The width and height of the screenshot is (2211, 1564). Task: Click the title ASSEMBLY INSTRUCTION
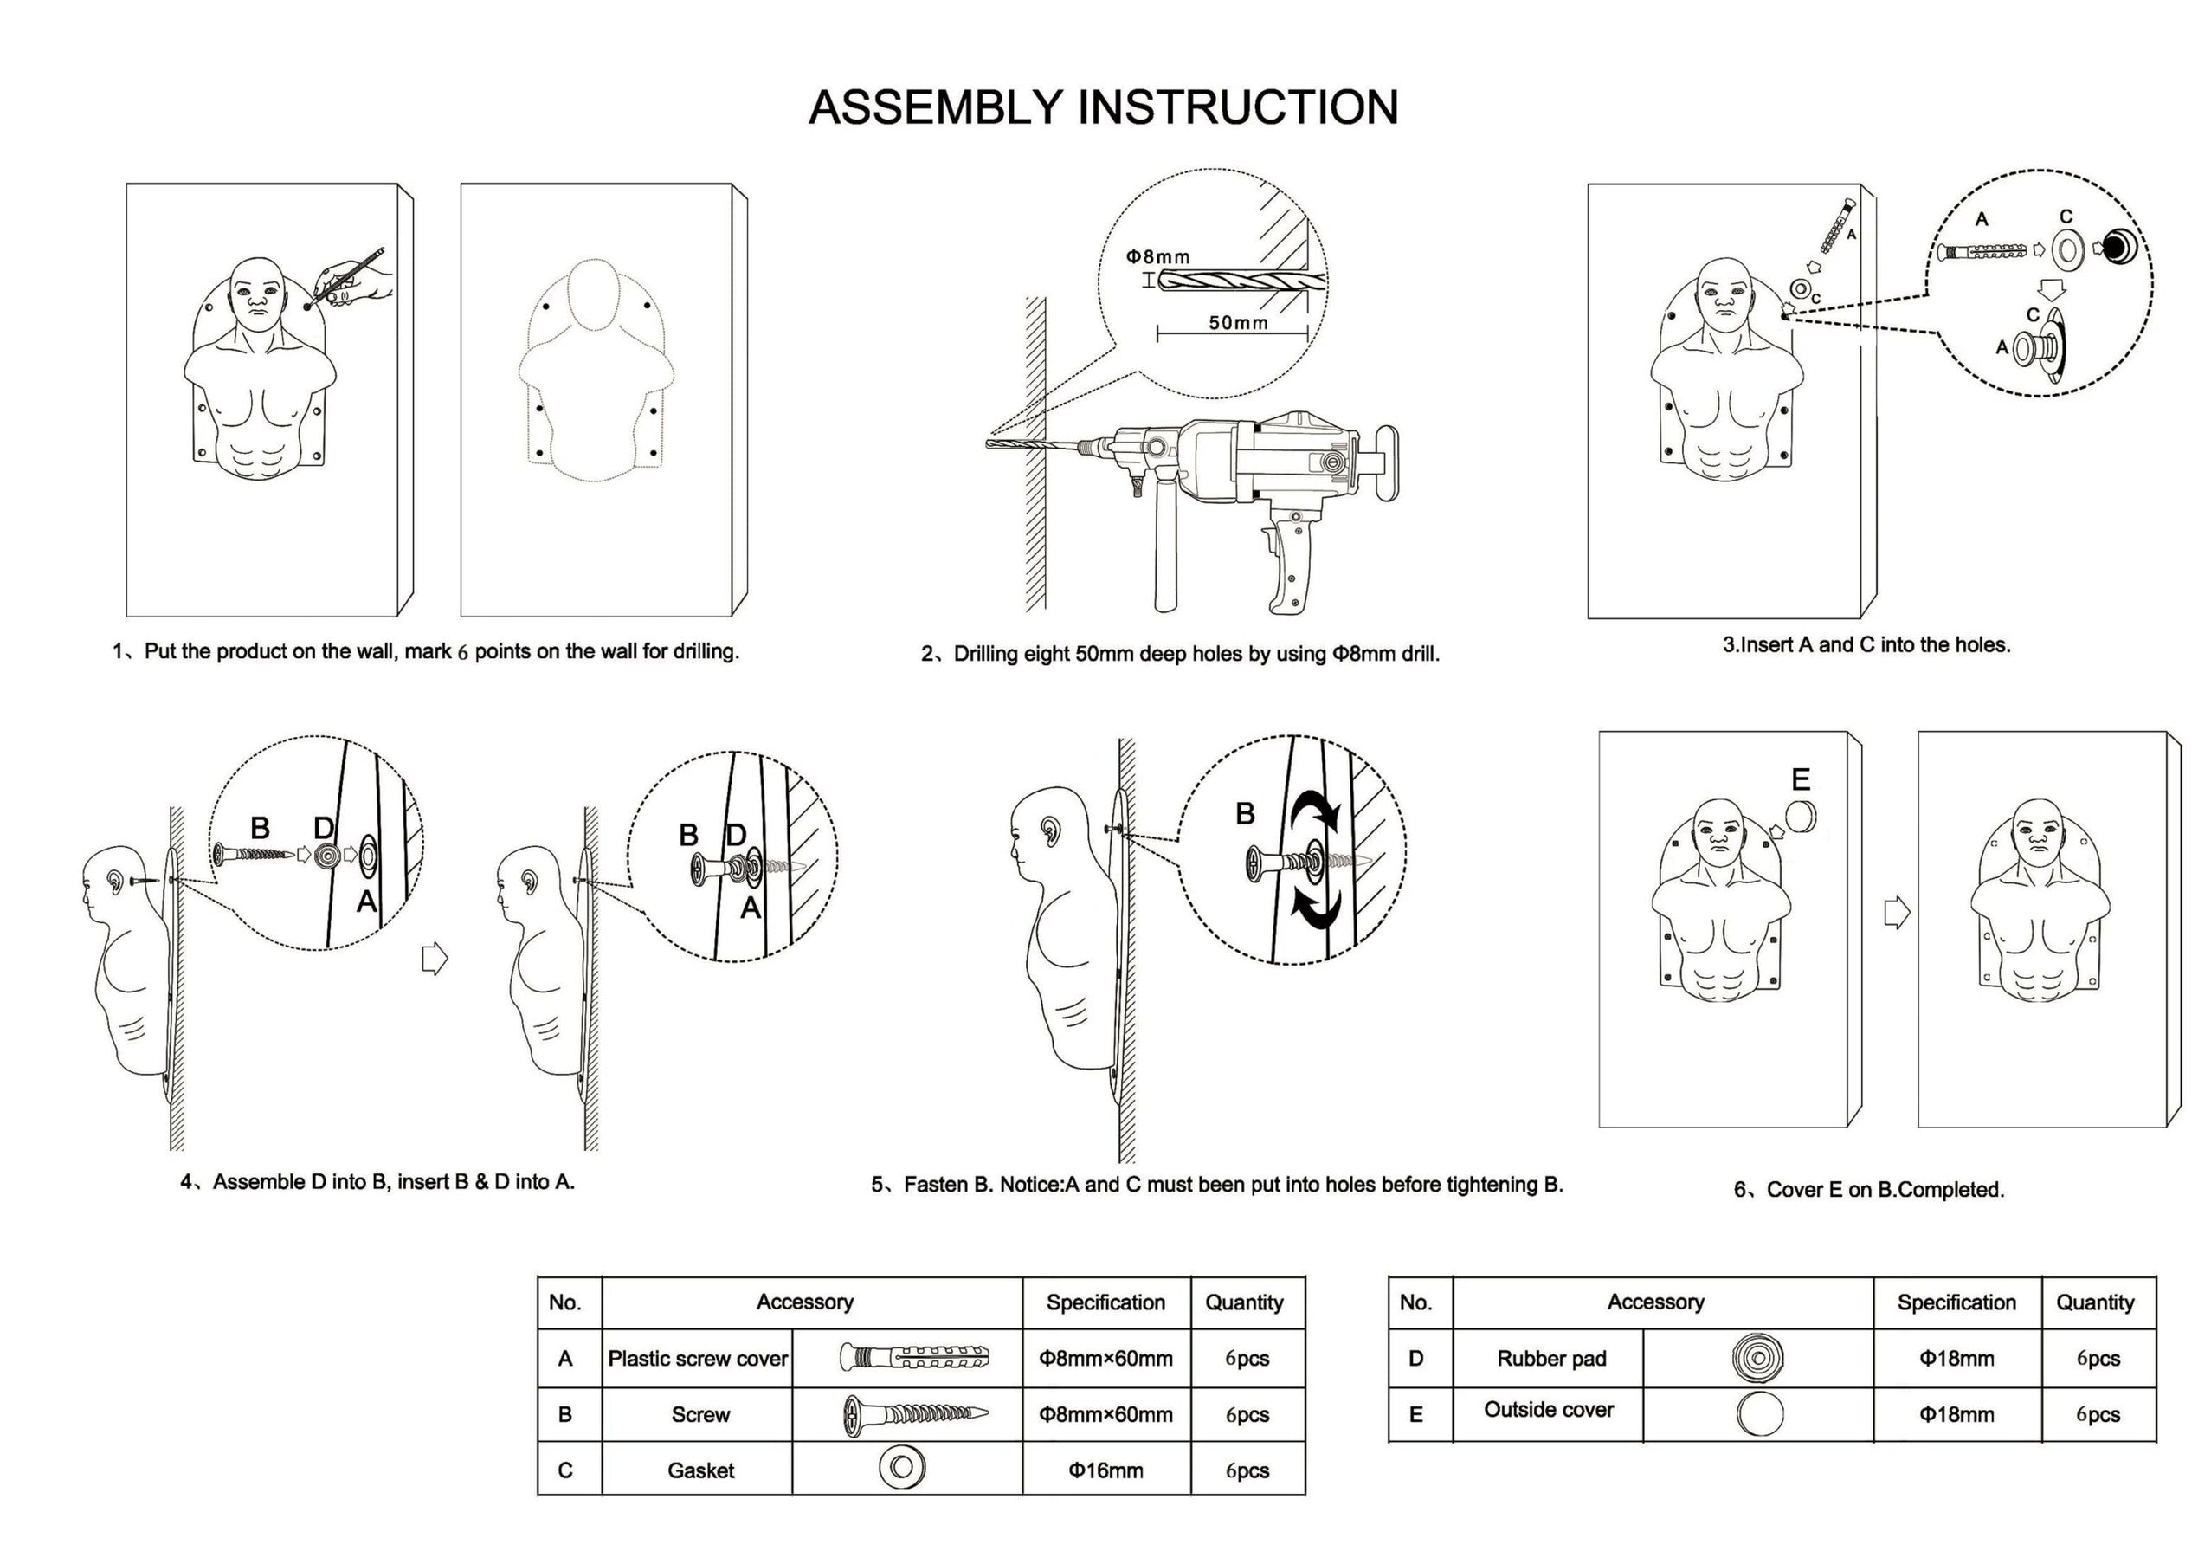[x=1104, y=107]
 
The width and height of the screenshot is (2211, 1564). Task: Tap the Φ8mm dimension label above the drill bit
[x=1157, y=257]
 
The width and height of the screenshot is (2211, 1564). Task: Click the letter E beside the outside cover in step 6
[x=1800, y=779]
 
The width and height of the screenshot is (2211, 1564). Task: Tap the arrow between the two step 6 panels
[x=1895, y=912]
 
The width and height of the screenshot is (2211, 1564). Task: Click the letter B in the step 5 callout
[x=1244, y=814]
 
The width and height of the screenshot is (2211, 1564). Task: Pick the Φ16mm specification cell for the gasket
[x=1105, y=1470]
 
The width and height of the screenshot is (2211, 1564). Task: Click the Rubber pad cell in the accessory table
[x=1550, y=1359]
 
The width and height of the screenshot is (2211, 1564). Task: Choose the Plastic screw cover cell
[x=697, y=1359]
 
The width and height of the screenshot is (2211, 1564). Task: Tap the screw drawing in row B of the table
[x=915, y=1415]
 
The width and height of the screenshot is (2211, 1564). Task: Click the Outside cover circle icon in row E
[x=1758, y=1415]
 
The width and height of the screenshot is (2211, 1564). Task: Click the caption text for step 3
[x=1866, y=645]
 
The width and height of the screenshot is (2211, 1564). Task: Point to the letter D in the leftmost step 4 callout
[x=324, y=828]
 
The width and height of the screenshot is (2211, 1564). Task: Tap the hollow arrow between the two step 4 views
[x=435, y=959]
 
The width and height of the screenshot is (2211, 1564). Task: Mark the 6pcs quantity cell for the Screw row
[x=1247, y=1415]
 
